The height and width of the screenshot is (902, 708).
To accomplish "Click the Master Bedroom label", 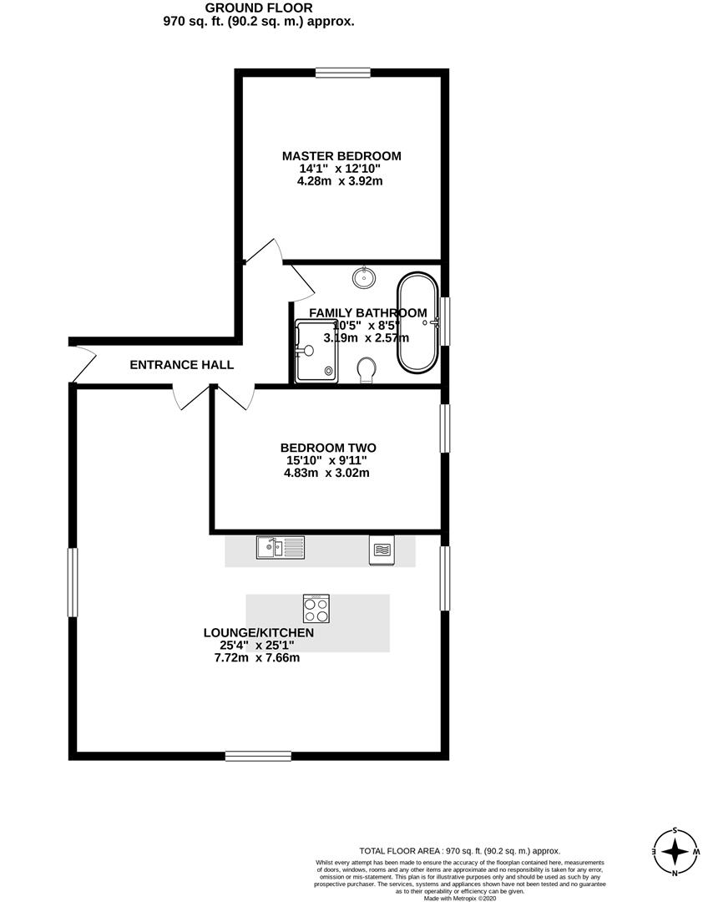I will pos(341,156).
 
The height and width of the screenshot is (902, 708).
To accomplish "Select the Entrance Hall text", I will pos(181,365).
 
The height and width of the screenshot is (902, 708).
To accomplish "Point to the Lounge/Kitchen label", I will pos(259,633).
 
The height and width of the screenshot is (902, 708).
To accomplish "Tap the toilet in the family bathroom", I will pos(367,370).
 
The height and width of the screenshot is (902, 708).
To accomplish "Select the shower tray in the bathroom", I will pos(317,352).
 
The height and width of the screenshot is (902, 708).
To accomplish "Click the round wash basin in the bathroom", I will pos(365,276).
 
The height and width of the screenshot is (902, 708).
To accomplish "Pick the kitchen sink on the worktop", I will pos(281,548).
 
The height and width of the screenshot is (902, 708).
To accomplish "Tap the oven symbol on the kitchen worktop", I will pos(381,550).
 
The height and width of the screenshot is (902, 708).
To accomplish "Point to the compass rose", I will pos(674,853).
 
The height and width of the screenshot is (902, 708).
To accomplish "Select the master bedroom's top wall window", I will pos(343,73).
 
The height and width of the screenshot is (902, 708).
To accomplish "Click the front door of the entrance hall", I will pos(82,365).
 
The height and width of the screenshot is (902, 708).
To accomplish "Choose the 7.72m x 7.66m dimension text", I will pos(257,658).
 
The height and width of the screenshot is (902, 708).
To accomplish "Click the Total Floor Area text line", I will pos(459,850).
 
